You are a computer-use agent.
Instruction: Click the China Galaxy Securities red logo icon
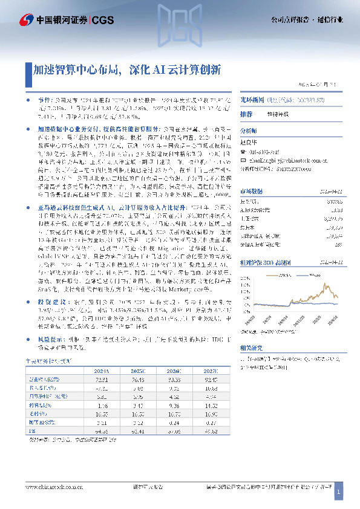point(27,19)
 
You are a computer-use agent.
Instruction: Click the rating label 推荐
point(246,114)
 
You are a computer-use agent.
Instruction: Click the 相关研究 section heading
point(251,349)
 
